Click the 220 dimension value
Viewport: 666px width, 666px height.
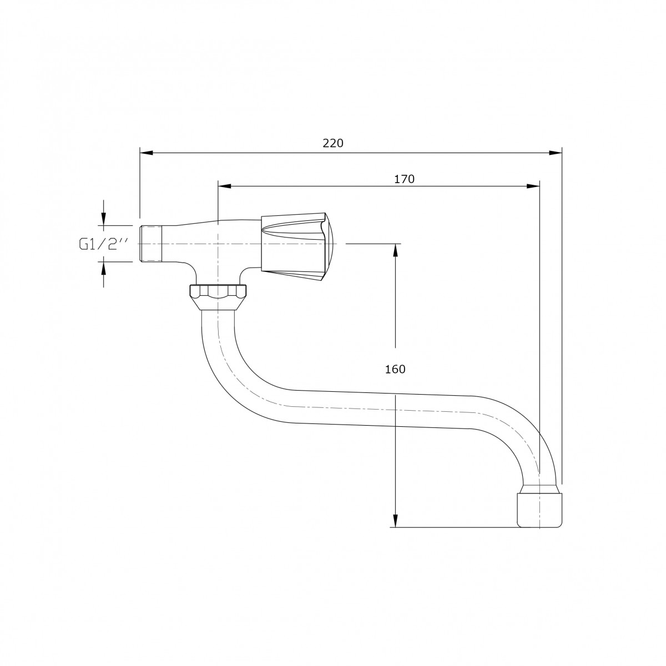click(333, 143)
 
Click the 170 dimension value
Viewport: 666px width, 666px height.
click(404, 179)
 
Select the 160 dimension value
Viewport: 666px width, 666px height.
click(395, 370)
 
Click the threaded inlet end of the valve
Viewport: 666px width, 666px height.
click(151, 244)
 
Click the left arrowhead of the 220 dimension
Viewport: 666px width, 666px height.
click(147, 153)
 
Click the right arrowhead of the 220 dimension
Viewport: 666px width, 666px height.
click(555, 153)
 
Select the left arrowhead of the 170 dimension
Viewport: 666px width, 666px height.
click(225, 186)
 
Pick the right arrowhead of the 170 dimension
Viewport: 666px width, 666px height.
click(533, 186)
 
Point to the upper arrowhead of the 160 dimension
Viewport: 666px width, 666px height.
click(396, 250)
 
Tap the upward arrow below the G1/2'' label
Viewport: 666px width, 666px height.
click(103, 274)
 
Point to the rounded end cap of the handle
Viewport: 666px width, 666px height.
click(330, 247)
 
